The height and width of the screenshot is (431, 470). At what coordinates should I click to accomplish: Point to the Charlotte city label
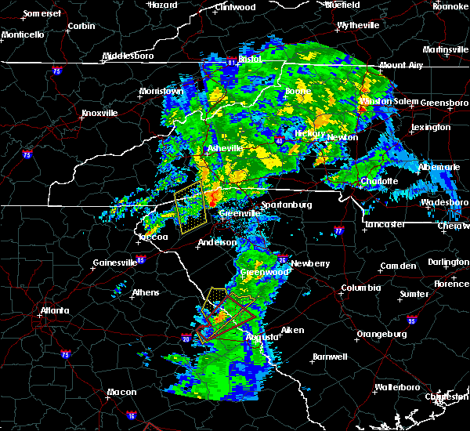click(380, 181)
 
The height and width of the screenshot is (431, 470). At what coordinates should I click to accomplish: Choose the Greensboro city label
click(444, 103)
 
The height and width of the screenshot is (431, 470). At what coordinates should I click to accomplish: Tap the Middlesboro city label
click(129, 56)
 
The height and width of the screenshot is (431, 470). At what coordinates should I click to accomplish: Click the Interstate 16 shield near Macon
click(132, 415)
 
